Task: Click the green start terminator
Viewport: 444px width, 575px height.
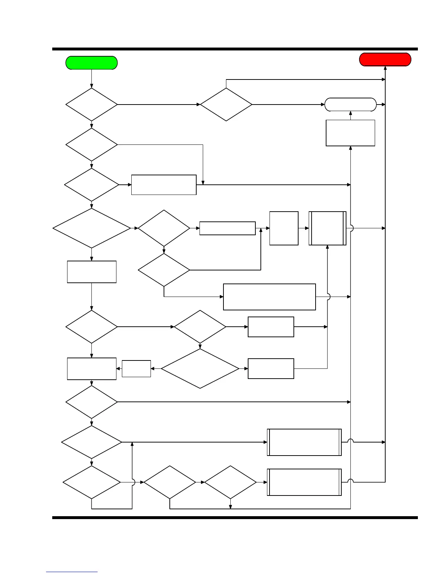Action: click(x=91, y=63)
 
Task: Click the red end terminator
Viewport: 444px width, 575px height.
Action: click(x=385, y=60)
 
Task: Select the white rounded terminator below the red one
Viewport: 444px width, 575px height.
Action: click(x=350, y=105)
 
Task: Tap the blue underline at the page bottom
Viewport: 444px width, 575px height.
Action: click(x=72, y=572)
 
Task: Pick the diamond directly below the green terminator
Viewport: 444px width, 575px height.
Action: click(x=91, y=105)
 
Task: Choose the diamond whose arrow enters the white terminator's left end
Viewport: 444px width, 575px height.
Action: click(x=226, y=105)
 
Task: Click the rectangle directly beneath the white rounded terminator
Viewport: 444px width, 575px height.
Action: click(x=350, y=133)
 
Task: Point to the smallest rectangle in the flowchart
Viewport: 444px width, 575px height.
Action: click(x=136, y=368)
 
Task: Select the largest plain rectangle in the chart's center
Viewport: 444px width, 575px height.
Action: click(x=269, y=297)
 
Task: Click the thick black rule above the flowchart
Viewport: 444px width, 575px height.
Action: click(x=235, y=49)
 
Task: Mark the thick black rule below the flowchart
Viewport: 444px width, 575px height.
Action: click(x=235, y=518)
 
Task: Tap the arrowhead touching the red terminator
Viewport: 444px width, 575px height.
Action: click(x=385, y=68)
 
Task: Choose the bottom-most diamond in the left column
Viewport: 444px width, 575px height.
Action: click(x=91, y=482)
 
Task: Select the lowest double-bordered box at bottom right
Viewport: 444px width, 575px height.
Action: click(x=304, y=482)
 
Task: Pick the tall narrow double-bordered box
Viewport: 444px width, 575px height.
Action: click(x=328, y=228)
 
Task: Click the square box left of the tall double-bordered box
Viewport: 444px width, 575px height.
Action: click(x=284, y=228)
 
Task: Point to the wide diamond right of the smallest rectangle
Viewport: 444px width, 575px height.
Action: click(x=200, y=368)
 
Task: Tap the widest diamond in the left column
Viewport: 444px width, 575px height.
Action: click(x=91, y=228)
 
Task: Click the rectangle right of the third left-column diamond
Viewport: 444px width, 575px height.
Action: click(x=164, y=185)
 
